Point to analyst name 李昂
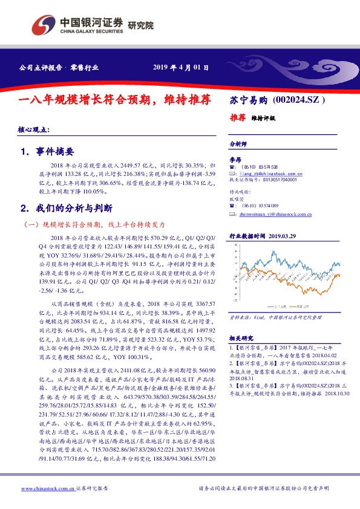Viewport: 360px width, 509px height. click(235, 159)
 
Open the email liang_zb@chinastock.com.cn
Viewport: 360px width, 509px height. click(269, 173)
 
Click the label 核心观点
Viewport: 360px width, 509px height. click(33, 131)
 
